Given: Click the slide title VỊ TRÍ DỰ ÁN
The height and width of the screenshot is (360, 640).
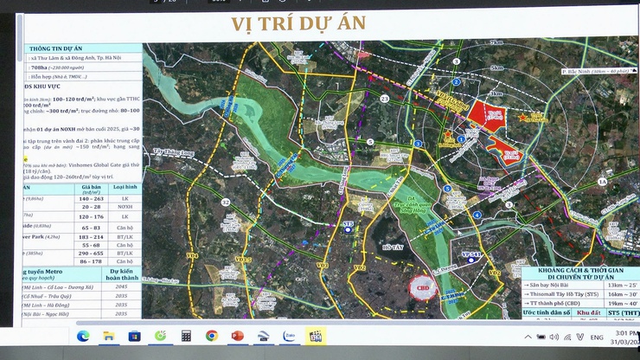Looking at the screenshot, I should coord(298,23).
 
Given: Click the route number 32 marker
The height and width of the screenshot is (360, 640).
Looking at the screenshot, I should coord(226,202).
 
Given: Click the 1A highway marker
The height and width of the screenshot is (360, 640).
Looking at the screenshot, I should coord(603,183).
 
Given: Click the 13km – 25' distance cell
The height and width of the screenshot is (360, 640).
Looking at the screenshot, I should coord(616,284).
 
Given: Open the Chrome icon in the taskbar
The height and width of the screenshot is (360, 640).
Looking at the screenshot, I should coord(211,336).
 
